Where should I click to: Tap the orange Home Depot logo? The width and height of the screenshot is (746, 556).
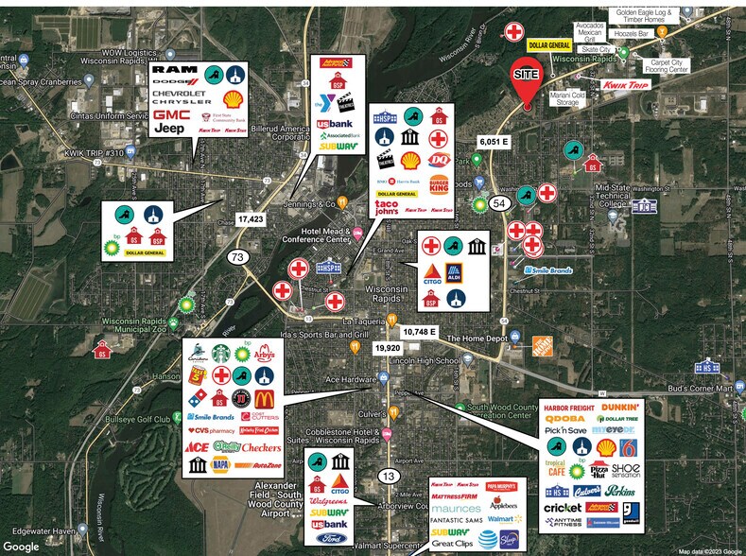[542, 346]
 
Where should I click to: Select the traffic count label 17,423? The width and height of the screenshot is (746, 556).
[251, 218]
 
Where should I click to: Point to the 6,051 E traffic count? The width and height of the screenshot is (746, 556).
[494, 141]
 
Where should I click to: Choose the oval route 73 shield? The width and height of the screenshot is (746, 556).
[236, 257]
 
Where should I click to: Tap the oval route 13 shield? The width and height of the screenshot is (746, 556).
[388, 475]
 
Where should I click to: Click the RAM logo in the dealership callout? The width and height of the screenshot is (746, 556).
[175, 72]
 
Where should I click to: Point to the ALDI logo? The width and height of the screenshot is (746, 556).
[456, 276]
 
